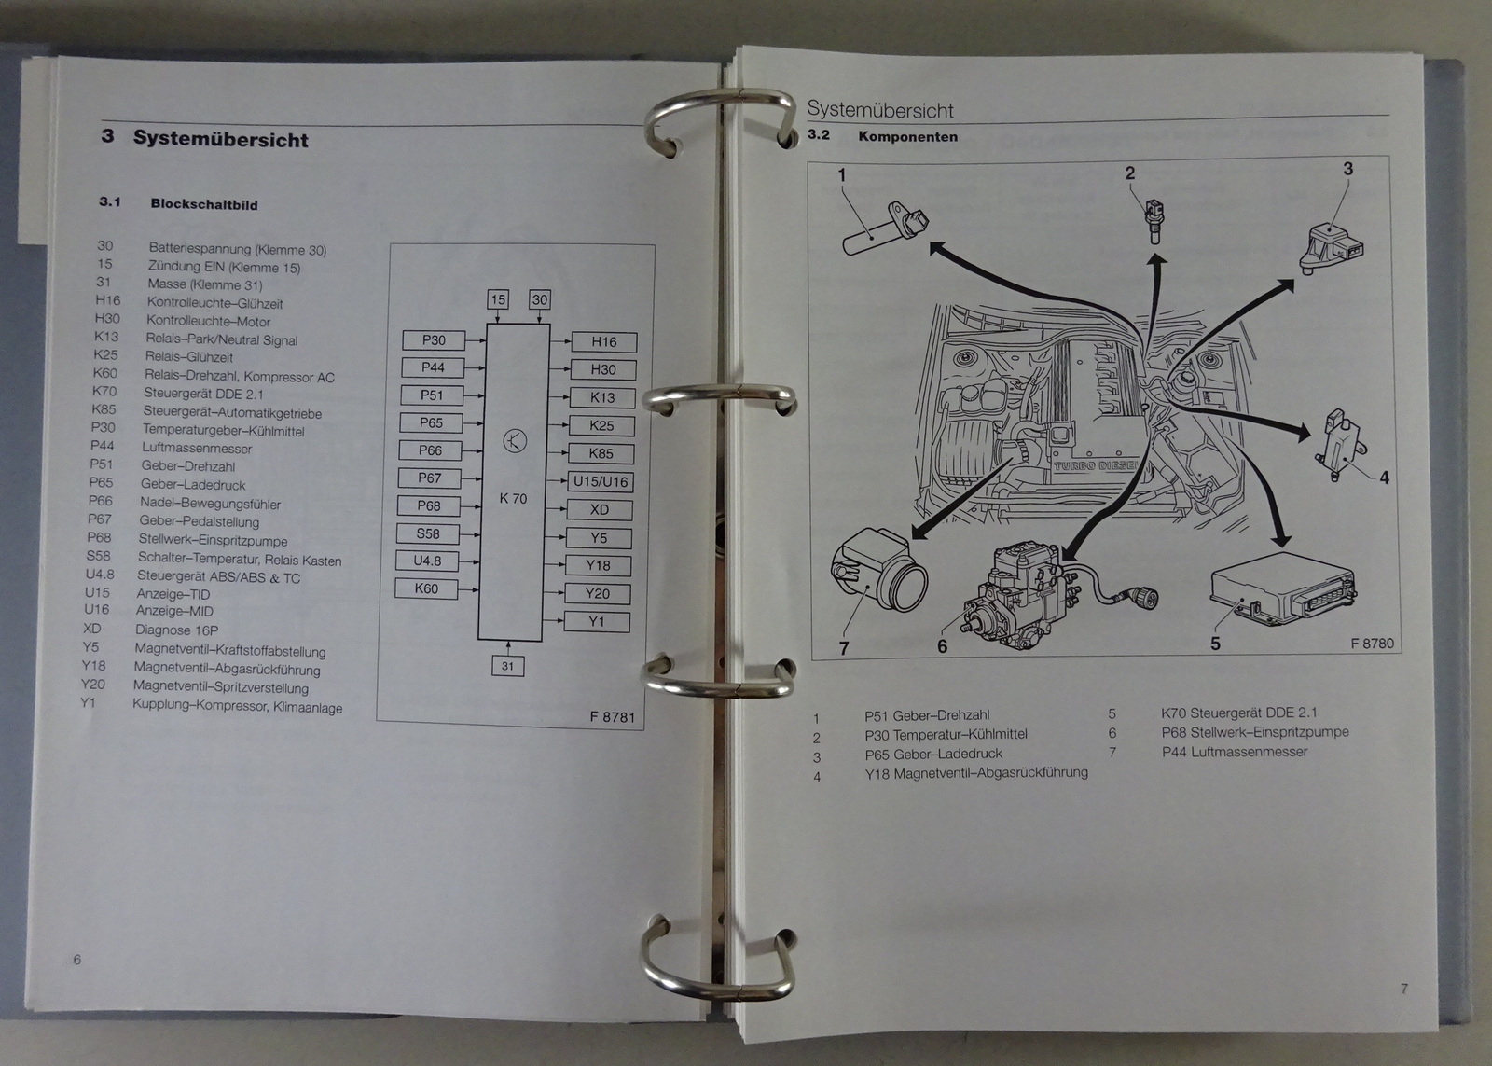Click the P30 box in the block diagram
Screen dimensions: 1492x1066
click(435, 340)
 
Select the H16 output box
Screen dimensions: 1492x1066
click(603, 341)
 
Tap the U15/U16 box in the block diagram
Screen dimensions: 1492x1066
click(601, 481)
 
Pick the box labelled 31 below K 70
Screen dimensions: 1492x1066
click(507, 666)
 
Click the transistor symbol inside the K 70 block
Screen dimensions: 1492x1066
click(515, 441)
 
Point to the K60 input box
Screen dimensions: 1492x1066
click(426, 588)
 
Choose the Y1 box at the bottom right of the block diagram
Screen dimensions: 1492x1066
click(597, 622)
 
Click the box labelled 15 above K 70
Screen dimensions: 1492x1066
click(498, 299)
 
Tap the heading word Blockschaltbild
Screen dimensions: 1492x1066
click(204, 204)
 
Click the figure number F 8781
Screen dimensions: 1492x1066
click(612, 717)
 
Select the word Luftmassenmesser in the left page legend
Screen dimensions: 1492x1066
click(197, 449)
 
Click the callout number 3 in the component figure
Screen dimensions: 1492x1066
click(1348, 169)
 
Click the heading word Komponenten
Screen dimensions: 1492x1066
click(908, 136)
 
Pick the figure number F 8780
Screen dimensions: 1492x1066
click(1372, 644)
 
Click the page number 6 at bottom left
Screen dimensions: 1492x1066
click(77, 960)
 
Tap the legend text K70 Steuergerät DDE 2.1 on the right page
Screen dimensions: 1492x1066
click(1239, 713)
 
